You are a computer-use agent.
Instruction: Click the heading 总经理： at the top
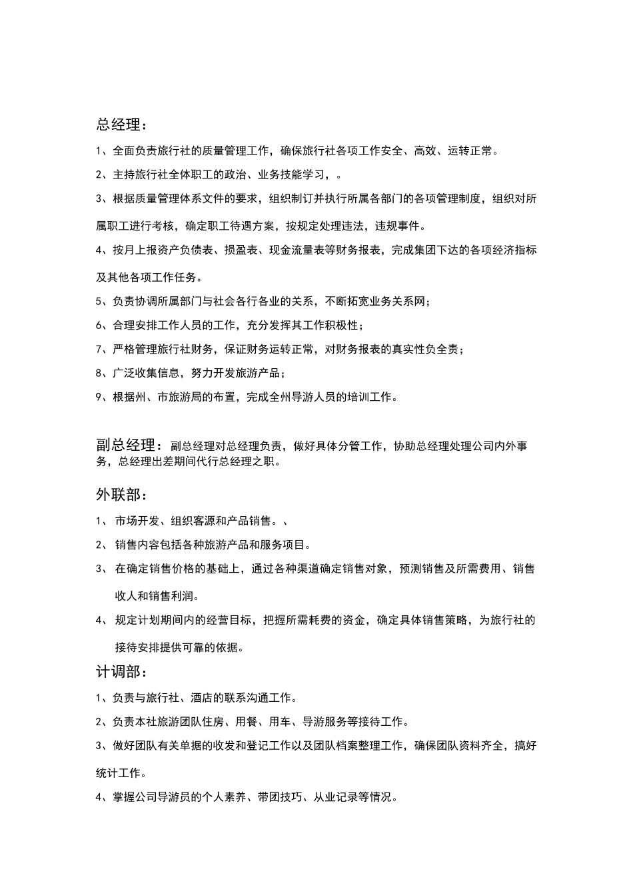point(122,125)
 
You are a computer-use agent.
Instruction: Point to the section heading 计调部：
point(122,672)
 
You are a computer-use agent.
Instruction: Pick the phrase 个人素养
point(225,797)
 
